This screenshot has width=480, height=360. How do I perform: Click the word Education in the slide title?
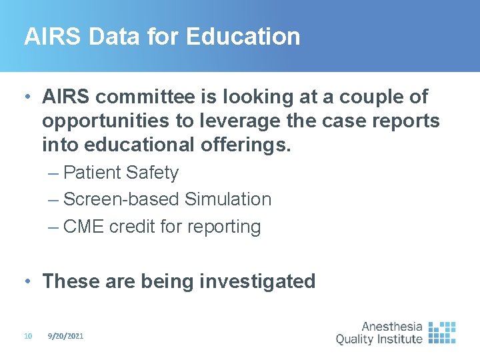click(243, 36)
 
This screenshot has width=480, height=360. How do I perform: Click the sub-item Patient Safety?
click(121, 173)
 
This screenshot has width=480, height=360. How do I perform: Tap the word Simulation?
click(228, 199)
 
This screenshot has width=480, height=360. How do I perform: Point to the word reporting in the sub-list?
click(223, 227)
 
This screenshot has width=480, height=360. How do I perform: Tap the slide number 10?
click(28, 337)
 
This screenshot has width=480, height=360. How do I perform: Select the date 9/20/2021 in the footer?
click(65, 337)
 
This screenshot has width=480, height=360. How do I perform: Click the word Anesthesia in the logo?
click(391, 327)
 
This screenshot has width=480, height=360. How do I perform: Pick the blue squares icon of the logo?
click(441, 333)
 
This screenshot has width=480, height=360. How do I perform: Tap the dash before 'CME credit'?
click(53, 227)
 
